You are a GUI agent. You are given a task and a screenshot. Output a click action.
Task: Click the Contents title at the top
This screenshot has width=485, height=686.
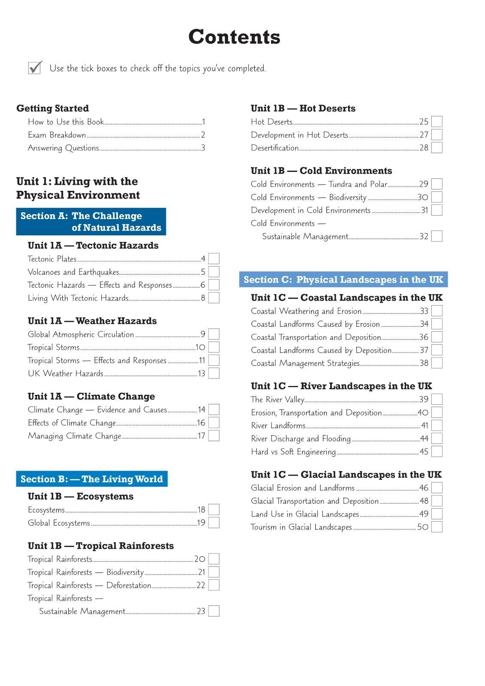234,37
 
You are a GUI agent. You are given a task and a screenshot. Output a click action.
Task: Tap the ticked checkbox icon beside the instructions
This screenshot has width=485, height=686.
35,67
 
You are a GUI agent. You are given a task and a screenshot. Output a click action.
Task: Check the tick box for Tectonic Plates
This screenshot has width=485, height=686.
214,259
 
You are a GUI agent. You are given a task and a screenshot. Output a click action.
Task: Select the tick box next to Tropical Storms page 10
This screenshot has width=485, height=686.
214,347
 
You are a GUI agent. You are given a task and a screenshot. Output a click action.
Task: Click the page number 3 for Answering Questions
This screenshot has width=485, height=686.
203,148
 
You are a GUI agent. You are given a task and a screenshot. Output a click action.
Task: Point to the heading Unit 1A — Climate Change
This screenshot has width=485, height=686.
91,397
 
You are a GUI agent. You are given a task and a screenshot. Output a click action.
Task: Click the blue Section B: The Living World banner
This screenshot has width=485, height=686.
92,479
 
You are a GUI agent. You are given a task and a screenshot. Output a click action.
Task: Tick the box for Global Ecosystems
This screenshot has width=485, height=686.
214,523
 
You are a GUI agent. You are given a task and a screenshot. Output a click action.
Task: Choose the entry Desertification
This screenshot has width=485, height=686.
274,148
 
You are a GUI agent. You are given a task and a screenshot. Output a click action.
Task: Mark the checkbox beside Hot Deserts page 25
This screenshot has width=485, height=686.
437,122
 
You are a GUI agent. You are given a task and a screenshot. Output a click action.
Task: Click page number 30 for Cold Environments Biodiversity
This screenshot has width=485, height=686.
423,198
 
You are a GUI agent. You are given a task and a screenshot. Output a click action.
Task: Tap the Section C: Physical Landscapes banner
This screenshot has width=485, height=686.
343,280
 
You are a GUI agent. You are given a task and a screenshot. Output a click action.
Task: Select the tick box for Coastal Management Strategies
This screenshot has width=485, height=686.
437,363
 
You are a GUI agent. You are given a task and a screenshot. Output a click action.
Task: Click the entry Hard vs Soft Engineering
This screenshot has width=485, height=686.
293,452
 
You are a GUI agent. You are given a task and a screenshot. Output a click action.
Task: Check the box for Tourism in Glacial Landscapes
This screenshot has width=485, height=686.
437,527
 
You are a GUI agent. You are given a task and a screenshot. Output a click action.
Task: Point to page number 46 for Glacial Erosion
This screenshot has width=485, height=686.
424,488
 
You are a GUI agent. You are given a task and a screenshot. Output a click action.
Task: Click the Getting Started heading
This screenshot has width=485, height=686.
52,108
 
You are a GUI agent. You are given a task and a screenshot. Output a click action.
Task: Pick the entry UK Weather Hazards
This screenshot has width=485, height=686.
65,373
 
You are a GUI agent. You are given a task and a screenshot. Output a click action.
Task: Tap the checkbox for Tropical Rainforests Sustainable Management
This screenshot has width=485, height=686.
214,611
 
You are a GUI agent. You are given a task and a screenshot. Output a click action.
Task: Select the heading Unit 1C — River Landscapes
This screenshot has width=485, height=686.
341,386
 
